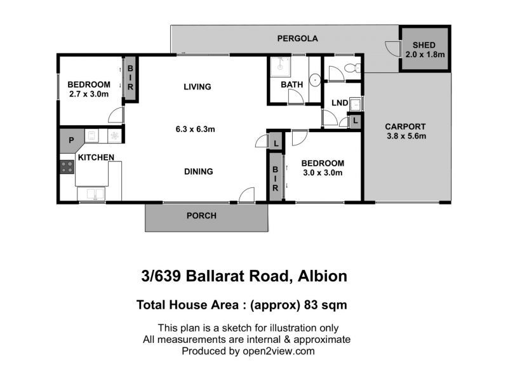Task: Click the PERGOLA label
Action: (297, 39)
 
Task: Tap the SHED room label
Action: (424, 45)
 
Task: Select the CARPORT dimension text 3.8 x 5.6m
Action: (406, 136)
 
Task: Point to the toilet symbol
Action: (352, 68)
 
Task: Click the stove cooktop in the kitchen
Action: (67, 167)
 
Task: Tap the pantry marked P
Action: (71, 140)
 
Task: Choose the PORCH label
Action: (201, 215)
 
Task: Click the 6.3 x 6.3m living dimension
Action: (196, 130)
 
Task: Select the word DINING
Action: (199, 171)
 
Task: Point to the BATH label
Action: (292, 84)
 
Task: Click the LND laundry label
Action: (340, 103)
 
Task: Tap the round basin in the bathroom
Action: (314, 80)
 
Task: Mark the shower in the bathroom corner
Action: (281, 67)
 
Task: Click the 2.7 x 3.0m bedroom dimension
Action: (89, 94)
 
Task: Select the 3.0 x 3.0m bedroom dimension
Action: (323, 173)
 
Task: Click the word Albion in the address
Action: (323, 276)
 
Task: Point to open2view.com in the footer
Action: (279, 351)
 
